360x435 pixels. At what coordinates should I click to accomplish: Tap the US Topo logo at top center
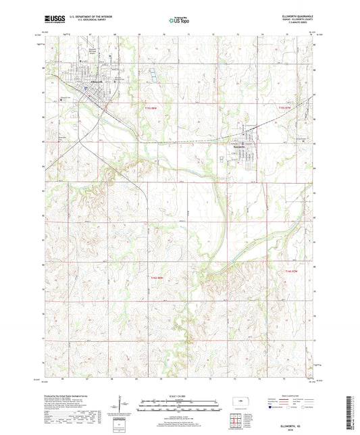177,21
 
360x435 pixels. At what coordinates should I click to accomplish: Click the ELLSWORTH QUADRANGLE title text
296,15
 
